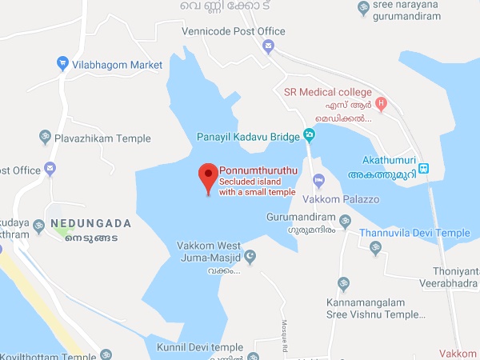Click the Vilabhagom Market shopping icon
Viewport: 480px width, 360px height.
click(62, 63)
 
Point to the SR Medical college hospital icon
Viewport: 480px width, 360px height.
click(381, 103)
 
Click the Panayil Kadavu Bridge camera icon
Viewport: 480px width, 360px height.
click(308, 135)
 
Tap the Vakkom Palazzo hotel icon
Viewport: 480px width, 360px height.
click(319, 178)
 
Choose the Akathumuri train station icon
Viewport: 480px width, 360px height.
click(424, 169)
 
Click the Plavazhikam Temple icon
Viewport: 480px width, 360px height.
click(44, 138)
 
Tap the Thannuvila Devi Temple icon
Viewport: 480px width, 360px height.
click(375, 248)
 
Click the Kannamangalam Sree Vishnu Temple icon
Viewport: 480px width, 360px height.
click(345, 284)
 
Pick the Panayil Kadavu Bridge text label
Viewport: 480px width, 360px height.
click(249, 136)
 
